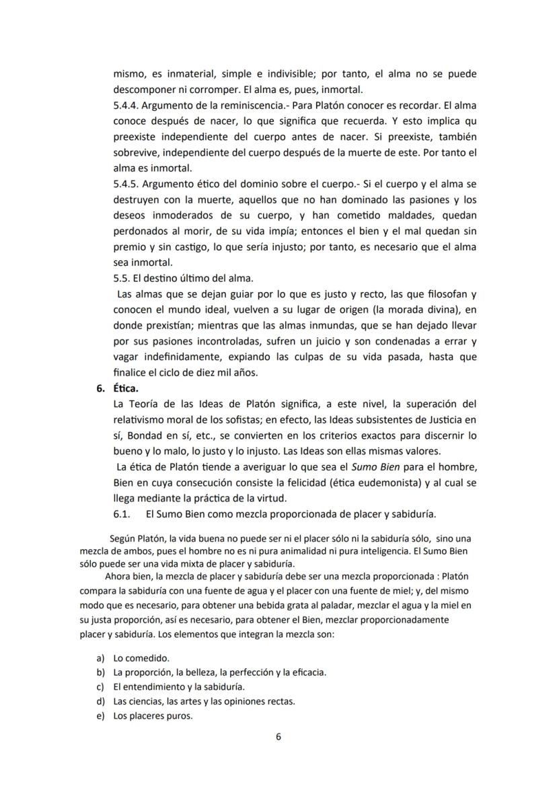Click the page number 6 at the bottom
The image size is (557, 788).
click(278, 736)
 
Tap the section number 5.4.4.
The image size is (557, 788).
click(128, 106)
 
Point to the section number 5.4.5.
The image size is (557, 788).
click(128, 184)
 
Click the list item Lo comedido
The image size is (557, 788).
click(141, 657)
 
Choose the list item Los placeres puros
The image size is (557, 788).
click(153, 715)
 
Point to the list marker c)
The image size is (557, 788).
click(101, 686)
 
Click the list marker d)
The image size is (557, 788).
click(101, 701)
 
